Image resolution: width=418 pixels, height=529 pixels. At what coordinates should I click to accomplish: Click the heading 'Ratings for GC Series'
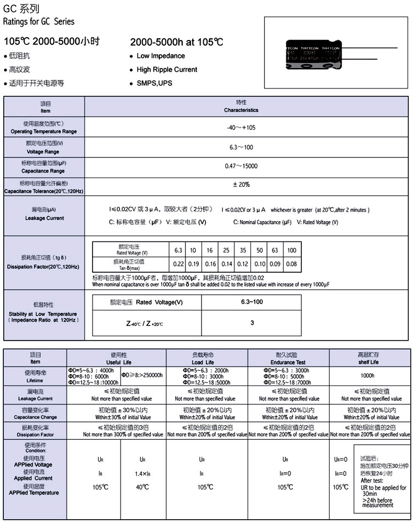(39, 22)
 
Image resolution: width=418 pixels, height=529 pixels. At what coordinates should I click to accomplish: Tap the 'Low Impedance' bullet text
(161, 56)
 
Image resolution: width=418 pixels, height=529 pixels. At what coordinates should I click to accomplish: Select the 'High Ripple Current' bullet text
(167, 70)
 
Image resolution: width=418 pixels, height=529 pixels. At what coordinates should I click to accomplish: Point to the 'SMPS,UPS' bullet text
(154, 83)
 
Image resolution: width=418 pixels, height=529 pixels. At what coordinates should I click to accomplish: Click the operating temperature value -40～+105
(241, 127)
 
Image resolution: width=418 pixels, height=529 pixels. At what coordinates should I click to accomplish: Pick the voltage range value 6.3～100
(241, 148)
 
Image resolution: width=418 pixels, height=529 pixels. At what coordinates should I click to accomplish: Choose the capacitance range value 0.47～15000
(241, 166)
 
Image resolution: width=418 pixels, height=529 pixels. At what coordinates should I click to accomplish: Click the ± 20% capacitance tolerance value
(241, 185)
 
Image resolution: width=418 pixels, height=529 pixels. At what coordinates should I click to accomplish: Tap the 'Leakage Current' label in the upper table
(44, 218)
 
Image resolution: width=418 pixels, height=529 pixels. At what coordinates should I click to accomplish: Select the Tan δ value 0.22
(179, 264)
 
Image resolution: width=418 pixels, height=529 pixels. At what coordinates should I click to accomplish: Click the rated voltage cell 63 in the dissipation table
(275, 250)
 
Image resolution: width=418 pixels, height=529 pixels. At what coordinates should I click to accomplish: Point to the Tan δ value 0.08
(291, 264)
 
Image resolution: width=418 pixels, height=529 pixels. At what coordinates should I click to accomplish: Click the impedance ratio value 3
(252, 323)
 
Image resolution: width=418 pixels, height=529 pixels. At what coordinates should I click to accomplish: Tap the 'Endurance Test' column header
(288, 363)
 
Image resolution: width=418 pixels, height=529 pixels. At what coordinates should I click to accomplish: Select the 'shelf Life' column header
(368, 362)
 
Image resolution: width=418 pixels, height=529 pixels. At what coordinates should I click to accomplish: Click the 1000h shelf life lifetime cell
(368, 376)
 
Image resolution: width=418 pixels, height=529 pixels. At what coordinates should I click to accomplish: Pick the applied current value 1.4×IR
(142, 473)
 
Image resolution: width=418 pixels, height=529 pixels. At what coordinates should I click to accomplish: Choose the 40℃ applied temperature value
(142, 487)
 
